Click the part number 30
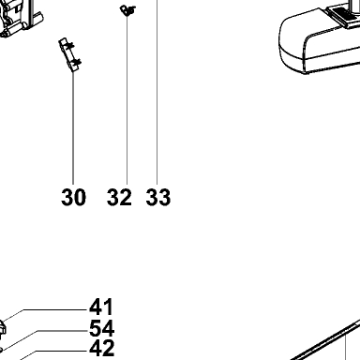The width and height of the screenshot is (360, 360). click(73, 197)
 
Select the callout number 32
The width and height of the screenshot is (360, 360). click(119, 197)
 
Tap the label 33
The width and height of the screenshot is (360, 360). click(158, 197)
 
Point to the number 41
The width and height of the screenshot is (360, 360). click(101, 307)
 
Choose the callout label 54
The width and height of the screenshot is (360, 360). click(101, 328)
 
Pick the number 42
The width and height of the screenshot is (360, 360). click(102, 349)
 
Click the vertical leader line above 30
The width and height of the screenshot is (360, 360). click(73, 128)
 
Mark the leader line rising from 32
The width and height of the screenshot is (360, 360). click(127, 100)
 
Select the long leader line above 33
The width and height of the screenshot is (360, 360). click(157, 92)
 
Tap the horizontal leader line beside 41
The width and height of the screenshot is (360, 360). click(55, 309)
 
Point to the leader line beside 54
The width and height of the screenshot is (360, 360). click(63, 331)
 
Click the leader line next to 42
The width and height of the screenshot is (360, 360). click(61, 352)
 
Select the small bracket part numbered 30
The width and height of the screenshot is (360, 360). click(70, 55)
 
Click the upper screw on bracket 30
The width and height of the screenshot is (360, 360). click(70, 46)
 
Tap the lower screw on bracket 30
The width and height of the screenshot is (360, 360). click(76, 63)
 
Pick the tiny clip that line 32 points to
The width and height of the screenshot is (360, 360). click(127, 10)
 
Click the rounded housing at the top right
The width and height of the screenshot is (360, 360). click(319, 40)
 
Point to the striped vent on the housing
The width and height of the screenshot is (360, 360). click(342, 16)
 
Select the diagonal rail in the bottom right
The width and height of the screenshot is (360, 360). click(325, 340)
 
